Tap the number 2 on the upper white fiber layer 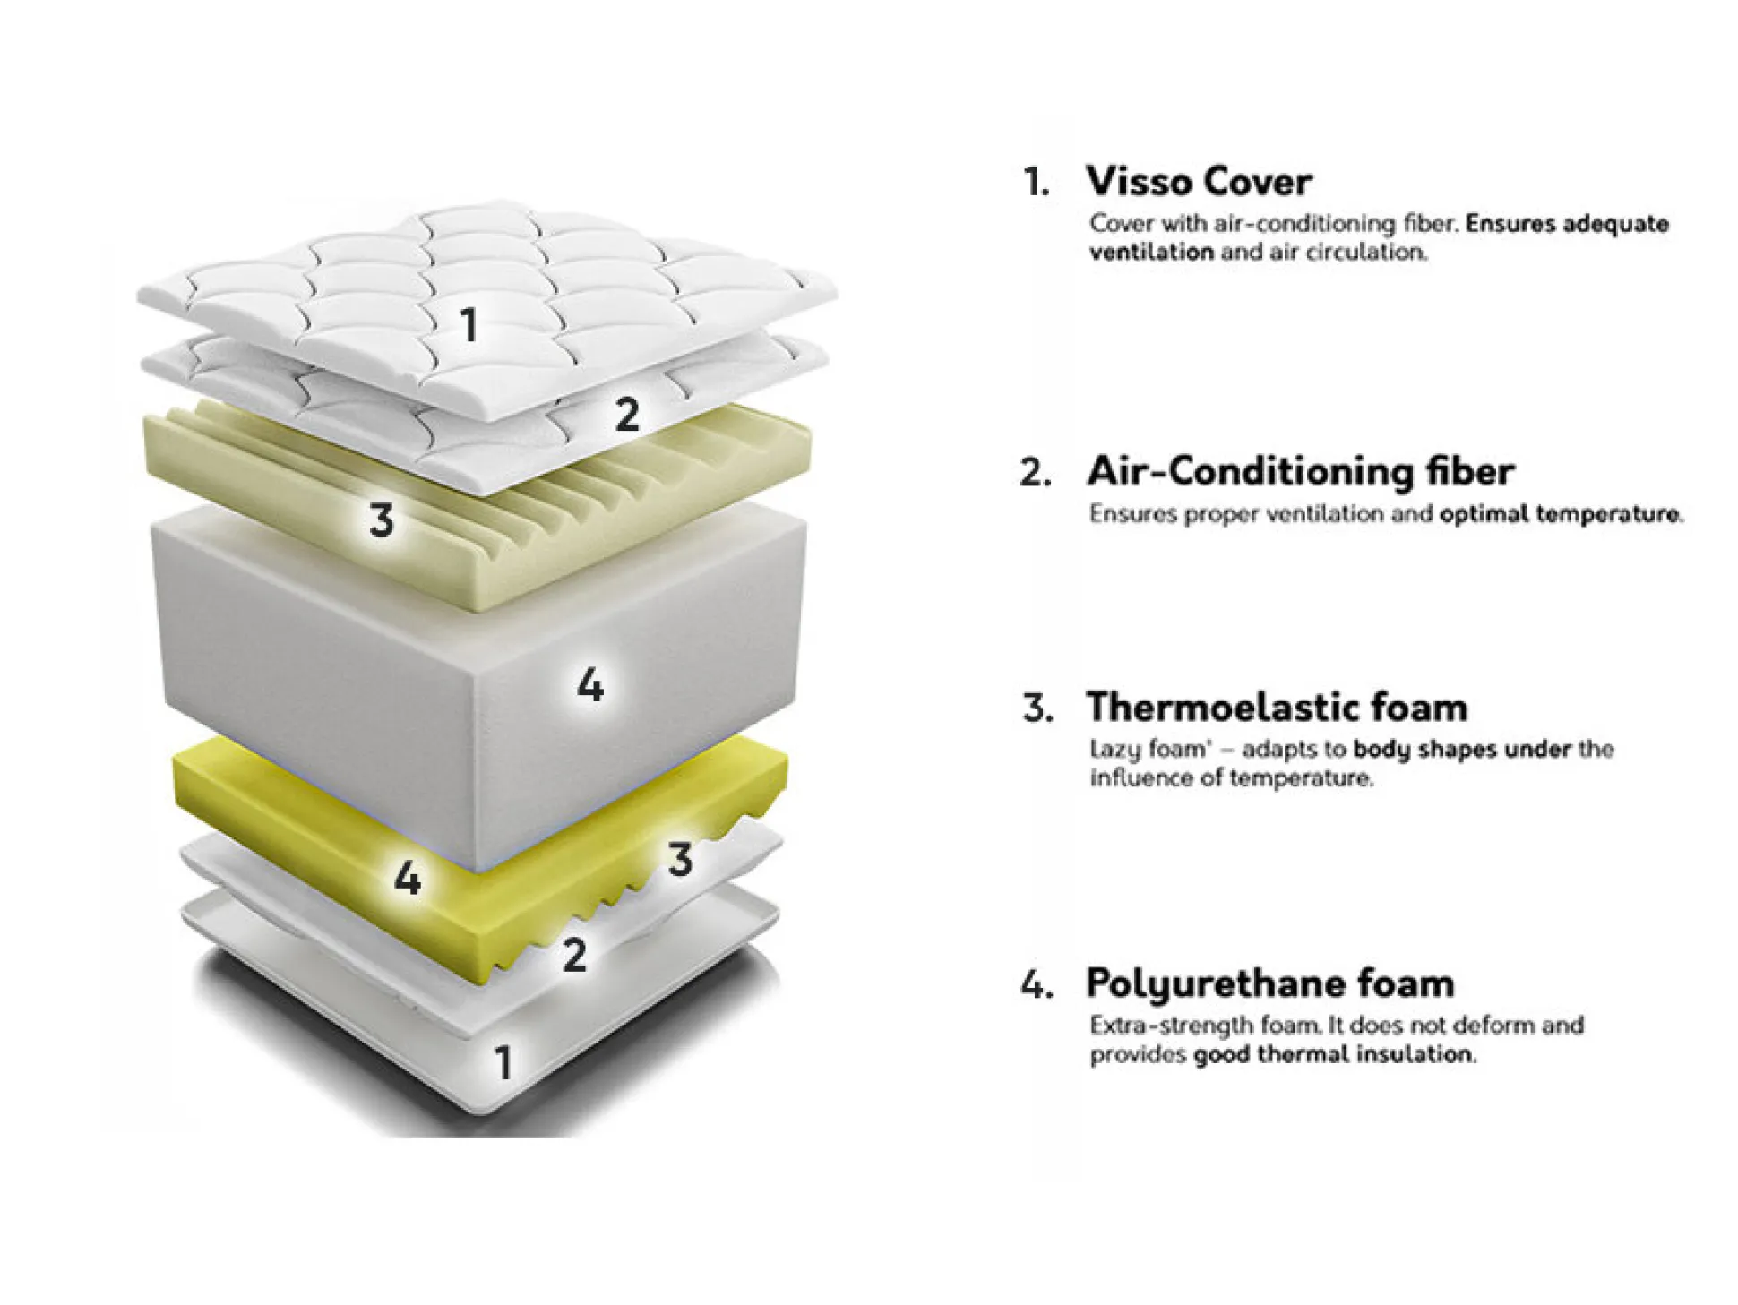[627, 415]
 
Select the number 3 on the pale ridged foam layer [382, 519]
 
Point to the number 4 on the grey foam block [589, 686]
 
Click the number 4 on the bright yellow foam [408, 879]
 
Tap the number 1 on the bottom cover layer [503, 1063]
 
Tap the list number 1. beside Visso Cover [1037, 183]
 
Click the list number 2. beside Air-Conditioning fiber [1036, 473]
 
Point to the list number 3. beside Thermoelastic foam [1037, 708]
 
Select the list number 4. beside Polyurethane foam [1036, 984]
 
